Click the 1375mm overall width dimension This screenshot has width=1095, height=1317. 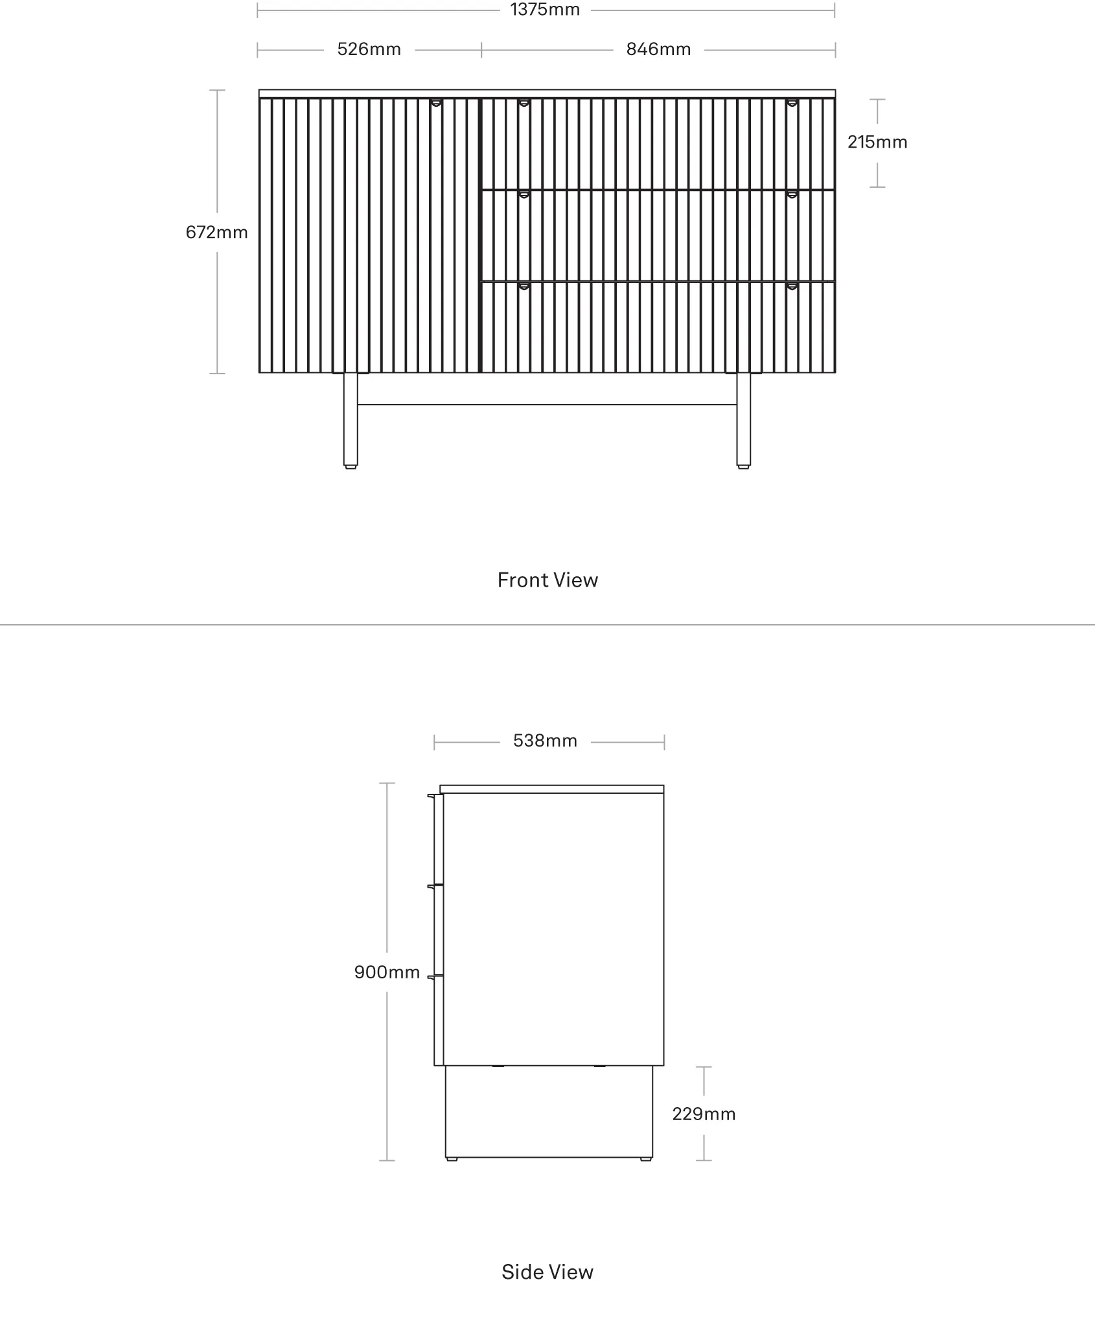pos(545,10)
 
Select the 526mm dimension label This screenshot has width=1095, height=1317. pos(369,49)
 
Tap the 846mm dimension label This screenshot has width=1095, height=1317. pos(658,49)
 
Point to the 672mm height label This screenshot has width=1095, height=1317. pos(216,232)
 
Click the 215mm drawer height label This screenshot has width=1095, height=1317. pos(877,142)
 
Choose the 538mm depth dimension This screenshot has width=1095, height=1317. pos(545,741)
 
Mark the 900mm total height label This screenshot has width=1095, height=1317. pos(387,972)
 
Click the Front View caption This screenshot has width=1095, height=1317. pos(547,580)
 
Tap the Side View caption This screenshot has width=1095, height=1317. pos(547,1272)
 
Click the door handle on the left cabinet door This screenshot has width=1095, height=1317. pos(437,102)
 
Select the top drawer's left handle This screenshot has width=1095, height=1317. pos(524,102)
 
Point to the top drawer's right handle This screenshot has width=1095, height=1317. pos(792,102)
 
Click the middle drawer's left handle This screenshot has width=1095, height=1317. pos(524,194)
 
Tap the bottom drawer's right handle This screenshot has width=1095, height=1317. pos(792,286)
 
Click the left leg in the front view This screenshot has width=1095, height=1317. pos(351,420)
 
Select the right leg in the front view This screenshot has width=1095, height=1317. pos(743,420)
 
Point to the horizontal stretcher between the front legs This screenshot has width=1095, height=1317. pos(547,405)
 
